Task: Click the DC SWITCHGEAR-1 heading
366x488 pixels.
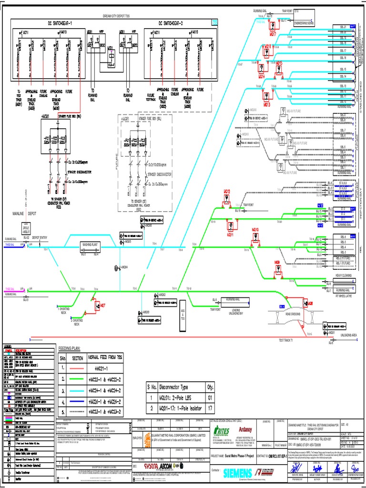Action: point(58,22)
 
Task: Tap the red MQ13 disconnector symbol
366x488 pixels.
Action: point(266,97)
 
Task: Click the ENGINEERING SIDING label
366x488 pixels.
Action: point(304,22)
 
